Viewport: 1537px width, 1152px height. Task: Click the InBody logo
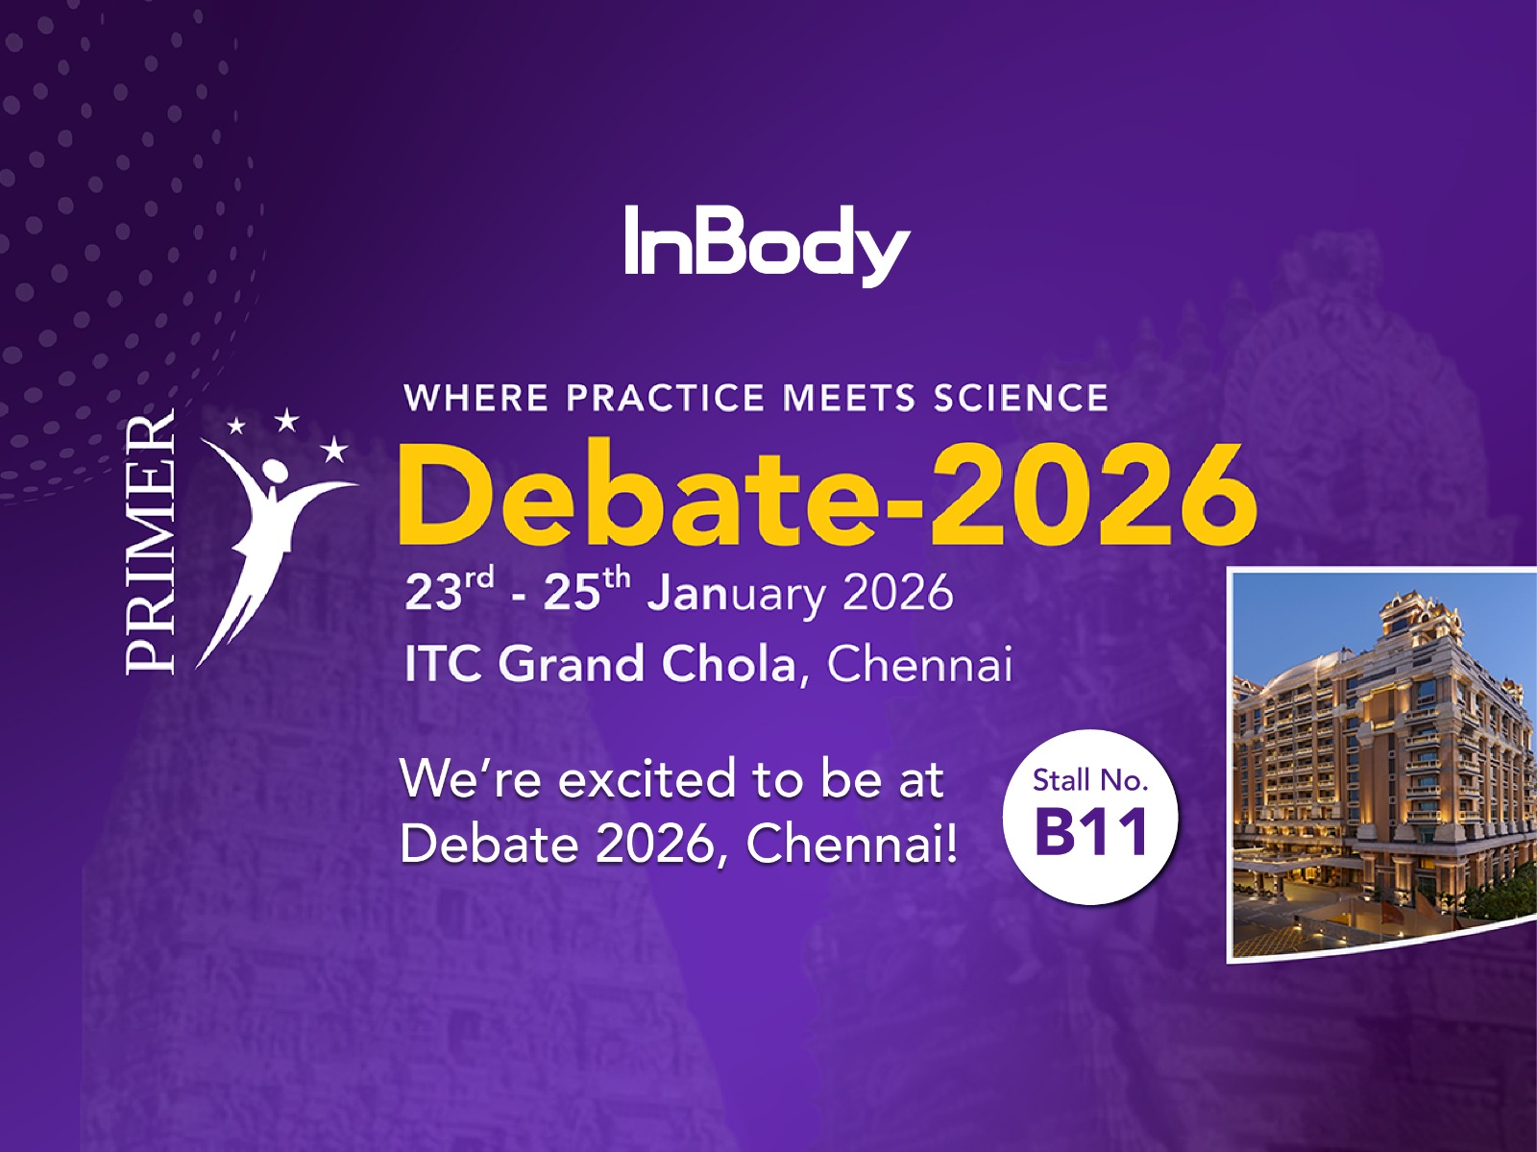tap(766, 244)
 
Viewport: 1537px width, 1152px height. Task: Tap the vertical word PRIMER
tap(151, 543)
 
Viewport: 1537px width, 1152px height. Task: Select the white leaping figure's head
tap(274, 470)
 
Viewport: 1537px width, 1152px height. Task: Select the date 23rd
tap(449, 590)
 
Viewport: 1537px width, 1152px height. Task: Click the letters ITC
tap(443, 664)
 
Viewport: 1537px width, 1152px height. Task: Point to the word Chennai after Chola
tap(919, 664)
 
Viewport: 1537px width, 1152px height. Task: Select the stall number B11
tap(1091, 832)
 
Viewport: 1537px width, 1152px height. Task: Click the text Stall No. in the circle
tap(1090, 780)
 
